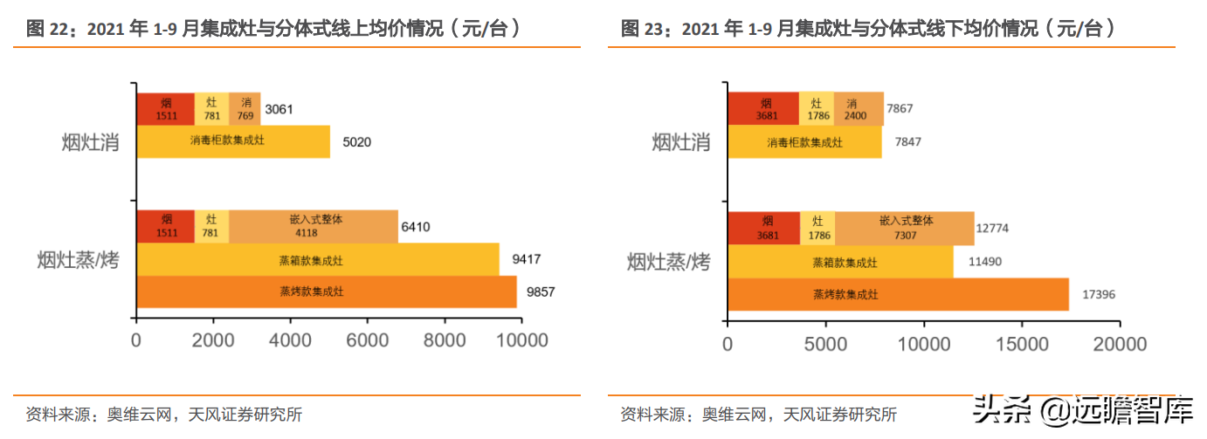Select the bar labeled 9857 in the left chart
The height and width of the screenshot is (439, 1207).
326,292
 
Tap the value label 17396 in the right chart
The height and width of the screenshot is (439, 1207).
1097,295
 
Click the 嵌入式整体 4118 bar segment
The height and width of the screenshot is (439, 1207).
314,226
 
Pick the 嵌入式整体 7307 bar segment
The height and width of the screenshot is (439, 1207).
904,228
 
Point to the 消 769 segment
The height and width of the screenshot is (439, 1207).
245,109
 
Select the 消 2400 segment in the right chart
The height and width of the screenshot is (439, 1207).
858,109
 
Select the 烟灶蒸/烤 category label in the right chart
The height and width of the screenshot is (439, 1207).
668,261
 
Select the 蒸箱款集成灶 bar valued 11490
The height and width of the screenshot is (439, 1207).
839,262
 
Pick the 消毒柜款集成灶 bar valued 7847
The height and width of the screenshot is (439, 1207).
804,142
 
